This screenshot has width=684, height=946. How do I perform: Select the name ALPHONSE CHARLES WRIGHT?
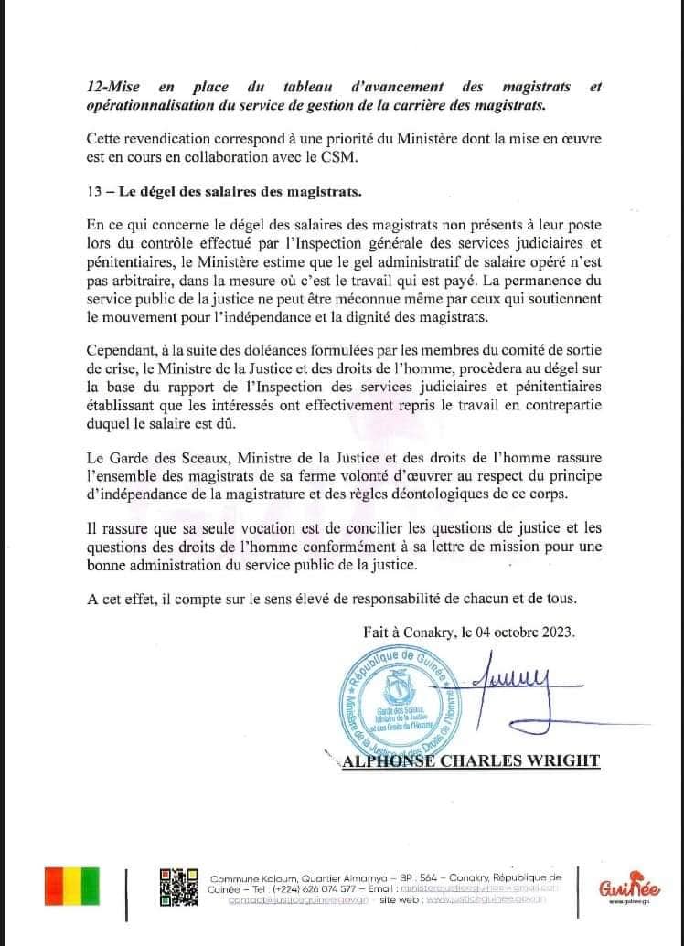click(467, 760)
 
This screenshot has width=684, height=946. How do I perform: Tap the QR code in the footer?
click(179, 886)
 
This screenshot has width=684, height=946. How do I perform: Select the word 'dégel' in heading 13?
click(158, 190)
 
